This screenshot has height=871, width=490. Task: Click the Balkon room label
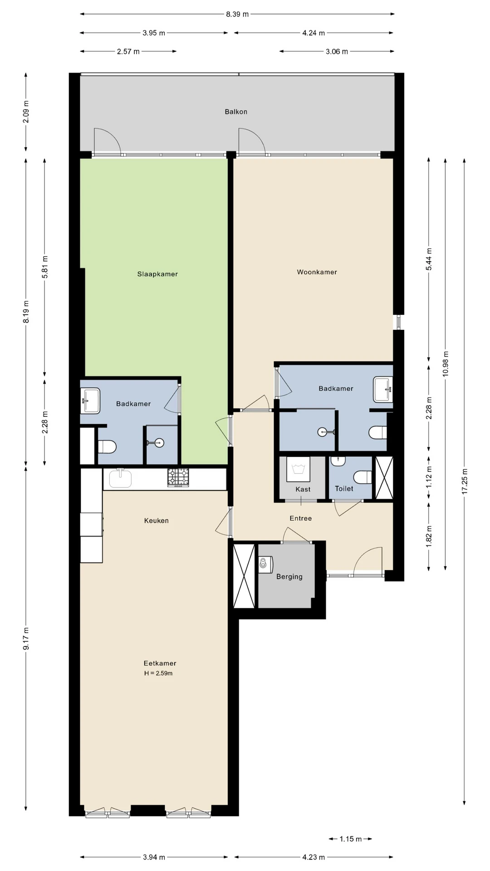coord(236,112)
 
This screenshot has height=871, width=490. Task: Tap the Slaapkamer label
coord(157,274)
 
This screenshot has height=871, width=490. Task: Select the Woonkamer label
coord(317,272)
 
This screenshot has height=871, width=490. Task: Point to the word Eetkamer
coord(160,663)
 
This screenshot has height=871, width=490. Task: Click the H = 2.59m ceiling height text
coord(158,673)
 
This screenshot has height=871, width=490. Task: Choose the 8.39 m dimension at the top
coord(237,14)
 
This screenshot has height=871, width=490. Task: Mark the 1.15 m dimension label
coord(351,839)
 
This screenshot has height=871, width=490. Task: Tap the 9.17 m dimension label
coord(26,638)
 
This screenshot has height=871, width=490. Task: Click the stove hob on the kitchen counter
coord(178,478)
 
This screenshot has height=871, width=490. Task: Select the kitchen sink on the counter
coord(120,479)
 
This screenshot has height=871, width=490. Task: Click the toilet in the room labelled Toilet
coord(363,477)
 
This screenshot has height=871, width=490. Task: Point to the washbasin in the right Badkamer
coord(383,389)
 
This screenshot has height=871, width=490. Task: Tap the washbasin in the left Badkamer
coord(90,401)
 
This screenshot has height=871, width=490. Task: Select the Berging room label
coord(289,577)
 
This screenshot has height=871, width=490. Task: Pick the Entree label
coord(301,518)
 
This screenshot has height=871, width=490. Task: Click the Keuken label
coord(157,521)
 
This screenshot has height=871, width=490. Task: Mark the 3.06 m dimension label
coord(337,52)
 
